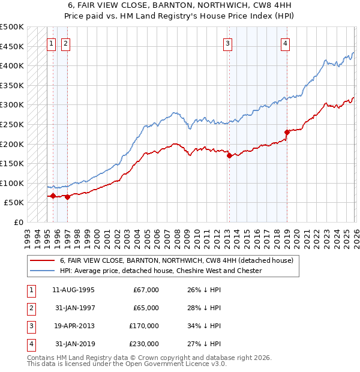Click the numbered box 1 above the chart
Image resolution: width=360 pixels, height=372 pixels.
click(x=52, y=43)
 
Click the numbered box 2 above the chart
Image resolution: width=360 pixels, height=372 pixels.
click(x=65, y=43)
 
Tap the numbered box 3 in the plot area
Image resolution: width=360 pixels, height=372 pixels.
click(x=228, y=43)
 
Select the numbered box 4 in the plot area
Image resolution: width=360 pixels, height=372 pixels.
click(x=286, y=43)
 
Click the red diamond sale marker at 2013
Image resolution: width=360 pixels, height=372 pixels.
click(x=229, y=156)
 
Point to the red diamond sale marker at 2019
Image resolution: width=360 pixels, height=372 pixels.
click(x=287, y=132)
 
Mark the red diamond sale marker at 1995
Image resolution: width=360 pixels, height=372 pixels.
click(x=53, y=196)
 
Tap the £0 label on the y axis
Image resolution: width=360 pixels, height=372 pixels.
click(x=17, y=222)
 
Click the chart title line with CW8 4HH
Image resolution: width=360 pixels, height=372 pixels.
click(x=179, y=6)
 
